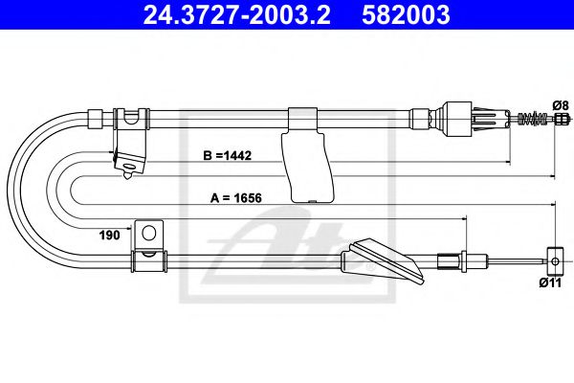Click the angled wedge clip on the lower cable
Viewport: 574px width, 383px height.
tap(386, 259)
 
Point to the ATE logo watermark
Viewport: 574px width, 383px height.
tap(287, 249)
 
